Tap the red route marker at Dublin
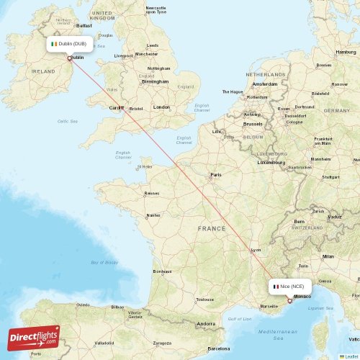click(x=70, y=58)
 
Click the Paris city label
click(x=215, y=175)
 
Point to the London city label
click(x=161, y=107)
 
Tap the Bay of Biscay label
click(x=104, y=263)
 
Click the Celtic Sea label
click(x=67, y=121)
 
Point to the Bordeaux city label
click(x=162, y=271)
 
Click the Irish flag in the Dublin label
click(x=53, y=44)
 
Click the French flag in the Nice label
click(x=275, y=286)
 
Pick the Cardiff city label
click(x=117, y=108)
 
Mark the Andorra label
click(x=207, y=323)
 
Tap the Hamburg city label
click(x=346, y=53)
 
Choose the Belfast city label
click(x=84, y=25)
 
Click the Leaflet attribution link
click(x=351, y=356)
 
